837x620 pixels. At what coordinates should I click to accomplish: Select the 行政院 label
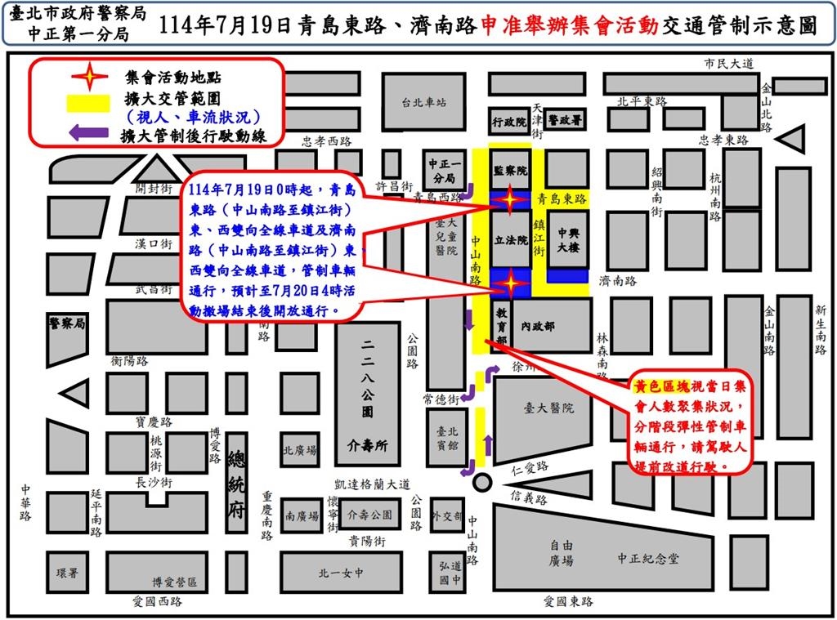[509, 122]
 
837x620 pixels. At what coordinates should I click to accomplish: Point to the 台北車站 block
[424, 103]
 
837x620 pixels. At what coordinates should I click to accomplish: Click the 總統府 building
[237, 481]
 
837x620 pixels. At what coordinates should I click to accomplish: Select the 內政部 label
[538, 326]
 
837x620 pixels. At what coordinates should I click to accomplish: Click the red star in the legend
[90, 78]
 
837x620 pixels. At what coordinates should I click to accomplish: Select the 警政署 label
[565, 120]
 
